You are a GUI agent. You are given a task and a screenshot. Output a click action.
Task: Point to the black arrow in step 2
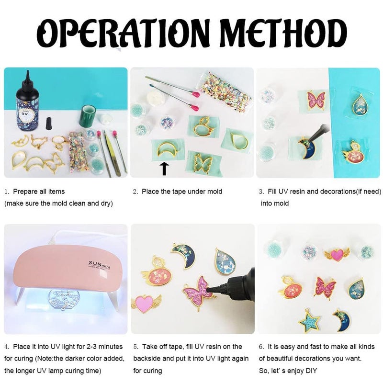165,169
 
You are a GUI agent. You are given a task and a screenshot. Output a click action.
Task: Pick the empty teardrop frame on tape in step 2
239,140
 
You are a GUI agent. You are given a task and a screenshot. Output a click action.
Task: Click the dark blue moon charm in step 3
306,148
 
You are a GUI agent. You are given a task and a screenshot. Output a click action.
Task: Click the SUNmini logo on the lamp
100,264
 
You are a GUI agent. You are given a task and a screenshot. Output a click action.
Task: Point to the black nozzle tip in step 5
208,290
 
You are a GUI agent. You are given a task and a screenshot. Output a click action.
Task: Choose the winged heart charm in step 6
337,255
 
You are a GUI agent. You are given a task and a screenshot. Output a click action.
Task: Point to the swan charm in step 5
157,272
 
